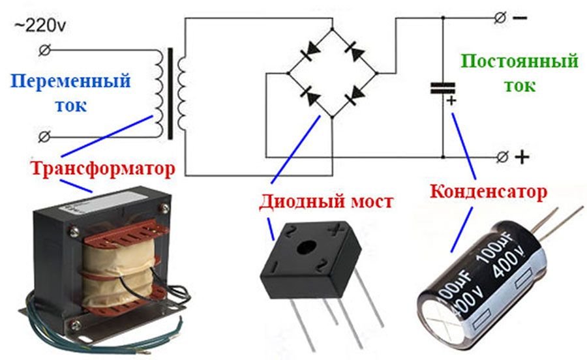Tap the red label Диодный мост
pos(327,202)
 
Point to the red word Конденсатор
pos(489,191)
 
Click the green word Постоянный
pos(519,62)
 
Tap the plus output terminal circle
pos(502,157)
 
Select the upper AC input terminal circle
pos(45,50)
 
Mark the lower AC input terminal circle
pos(45,136)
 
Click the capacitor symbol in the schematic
pos(443,88)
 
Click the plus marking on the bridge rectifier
pos(335,230)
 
